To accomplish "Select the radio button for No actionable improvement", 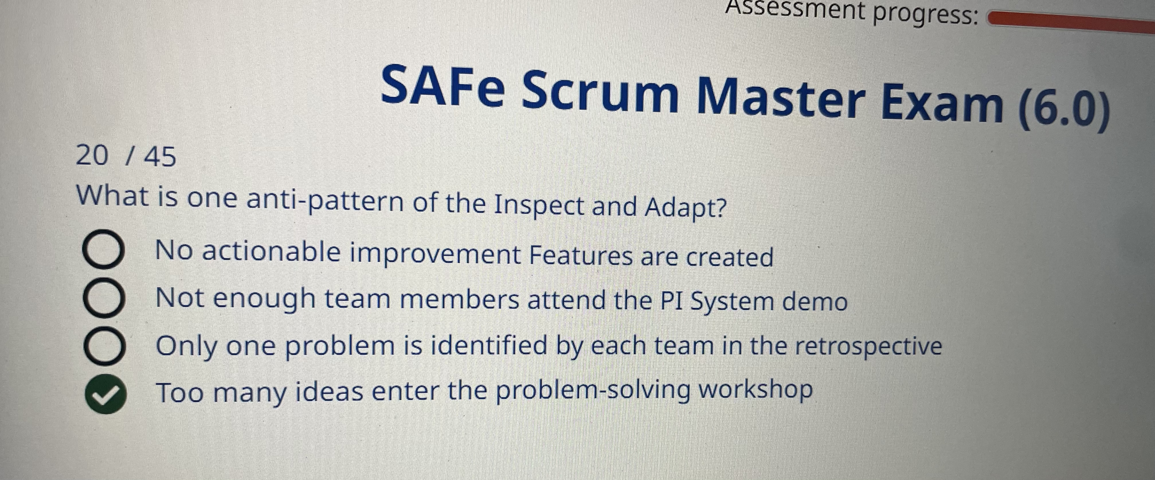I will click(103, 250).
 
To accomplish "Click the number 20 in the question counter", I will click(92, 156).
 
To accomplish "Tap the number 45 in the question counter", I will click(160, 157).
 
